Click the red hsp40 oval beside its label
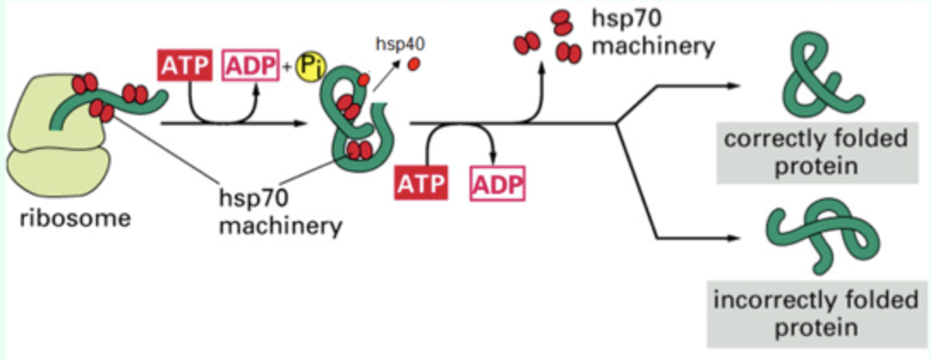[416, 63]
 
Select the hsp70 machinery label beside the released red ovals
[652, 31]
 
